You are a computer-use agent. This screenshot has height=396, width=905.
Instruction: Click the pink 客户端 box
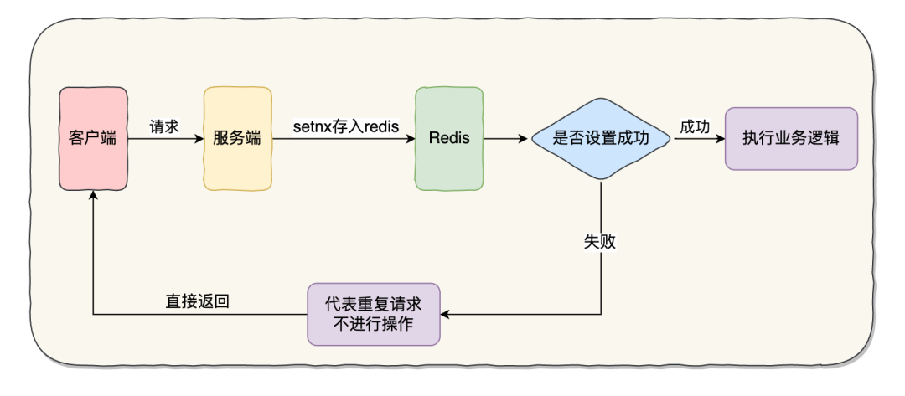click(x=92, y=138)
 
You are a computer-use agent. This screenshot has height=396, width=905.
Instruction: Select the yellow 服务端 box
click(x=237, y=138)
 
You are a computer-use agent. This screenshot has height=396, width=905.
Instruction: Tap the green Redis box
click(x=449, y=138)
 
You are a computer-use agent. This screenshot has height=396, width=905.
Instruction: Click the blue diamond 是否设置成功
click(x=601, y=138)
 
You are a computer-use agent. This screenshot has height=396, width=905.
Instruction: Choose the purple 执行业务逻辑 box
click(x=791, y=138)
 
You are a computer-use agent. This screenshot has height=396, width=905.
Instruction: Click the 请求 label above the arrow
click(x=164, y=126)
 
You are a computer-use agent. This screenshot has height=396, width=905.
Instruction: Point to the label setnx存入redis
click(x=345, y=126)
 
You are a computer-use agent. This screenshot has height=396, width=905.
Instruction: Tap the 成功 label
click(x=695, y=126)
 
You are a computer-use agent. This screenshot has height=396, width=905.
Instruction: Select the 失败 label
click(x=600, y=241)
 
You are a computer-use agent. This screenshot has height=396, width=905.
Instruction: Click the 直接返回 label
click(x=198, y=301)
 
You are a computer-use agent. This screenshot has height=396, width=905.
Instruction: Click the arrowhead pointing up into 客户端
click(x=92, y=193)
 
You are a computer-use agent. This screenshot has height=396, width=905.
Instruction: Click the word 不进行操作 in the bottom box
click(x=373, y=324)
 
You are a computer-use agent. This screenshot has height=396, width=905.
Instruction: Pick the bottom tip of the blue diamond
click(x=601, y=179)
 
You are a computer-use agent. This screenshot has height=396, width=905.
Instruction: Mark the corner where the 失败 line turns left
click(x=601, y=315)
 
